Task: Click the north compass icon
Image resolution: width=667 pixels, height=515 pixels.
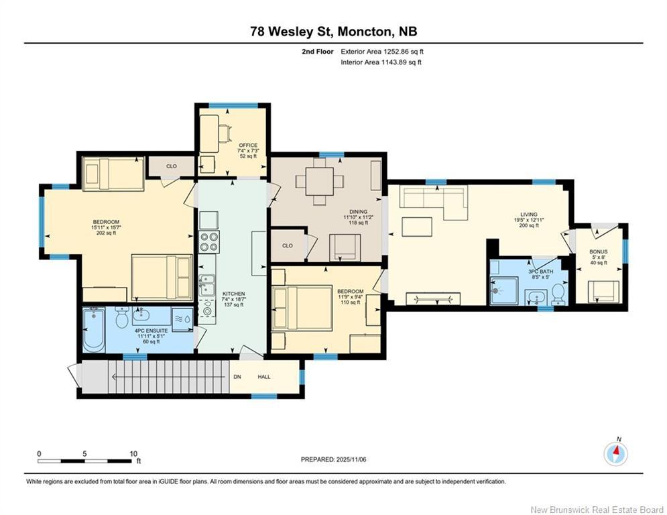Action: (615, 454)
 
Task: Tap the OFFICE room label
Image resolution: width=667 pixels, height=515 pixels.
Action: (248, 145)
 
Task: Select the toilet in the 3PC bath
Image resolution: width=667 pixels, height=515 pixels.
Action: (558, 294)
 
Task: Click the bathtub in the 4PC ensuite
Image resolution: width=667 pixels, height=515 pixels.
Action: (94, 330)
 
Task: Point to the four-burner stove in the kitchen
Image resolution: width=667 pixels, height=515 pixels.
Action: (209, 242)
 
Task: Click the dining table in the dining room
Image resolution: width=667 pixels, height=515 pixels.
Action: (320, 181)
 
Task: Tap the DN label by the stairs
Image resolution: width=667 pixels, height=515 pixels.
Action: (237, 377)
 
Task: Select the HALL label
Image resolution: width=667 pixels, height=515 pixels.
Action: (263, 377)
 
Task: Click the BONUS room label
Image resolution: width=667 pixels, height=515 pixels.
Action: (599, 251)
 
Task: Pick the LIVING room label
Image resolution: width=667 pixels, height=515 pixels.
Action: (529, 215)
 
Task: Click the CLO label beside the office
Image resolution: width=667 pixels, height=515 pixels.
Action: (172, 166)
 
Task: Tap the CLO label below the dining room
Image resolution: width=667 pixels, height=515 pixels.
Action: (288, 245)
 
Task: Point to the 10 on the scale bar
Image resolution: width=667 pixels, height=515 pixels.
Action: (133, 454)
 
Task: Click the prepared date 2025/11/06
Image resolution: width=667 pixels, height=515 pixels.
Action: (351, 459)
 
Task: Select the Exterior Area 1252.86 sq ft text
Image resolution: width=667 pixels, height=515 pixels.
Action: (382, 52)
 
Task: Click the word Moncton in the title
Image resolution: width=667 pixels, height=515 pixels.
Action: (364, 32)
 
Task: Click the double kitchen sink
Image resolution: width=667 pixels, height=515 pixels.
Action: (206, 285)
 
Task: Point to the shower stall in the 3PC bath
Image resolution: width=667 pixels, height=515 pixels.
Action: (503, 291)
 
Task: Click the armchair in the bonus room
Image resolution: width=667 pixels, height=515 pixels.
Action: (603, 291)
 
